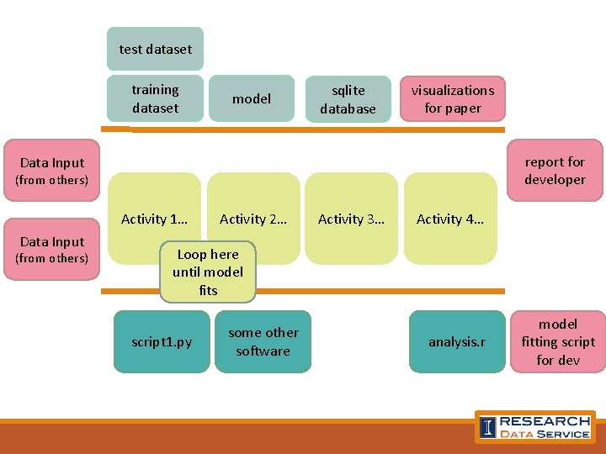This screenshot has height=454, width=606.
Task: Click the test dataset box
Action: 156,49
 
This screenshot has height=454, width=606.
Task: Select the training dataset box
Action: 156,99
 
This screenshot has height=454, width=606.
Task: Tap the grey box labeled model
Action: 252,99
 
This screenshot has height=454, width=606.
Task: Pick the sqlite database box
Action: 348,99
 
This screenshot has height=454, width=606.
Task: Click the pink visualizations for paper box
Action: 453,99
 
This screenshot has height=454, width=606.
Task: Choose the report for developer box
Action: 555,171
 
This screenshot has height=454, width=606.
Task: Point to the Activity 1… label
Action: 154,219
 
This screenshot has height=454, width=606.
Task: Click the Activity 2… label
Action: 252,219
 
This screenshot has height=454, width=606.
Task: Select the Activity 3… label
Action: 351,219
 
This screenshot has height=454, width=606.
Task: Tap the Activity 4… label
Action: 449,219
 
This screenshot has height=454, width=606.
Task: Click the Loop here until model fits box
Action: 208,272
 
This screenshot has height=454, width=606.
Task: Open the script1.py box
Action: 162,342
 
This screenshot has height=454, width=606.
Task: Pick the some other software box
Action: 263,342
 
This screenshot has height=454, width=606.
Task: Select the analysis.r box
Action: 457,342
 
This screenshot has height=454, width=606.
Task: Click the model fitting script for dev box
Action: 558,342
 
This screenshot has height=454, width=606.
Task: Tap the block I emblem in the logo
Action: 487,427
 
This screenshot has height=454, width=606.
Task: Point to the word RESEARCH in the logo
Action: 545,420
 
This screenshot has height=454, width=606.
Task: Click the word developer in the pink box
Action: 555,180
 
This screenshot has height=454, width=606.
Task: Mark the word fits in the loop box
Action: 208,291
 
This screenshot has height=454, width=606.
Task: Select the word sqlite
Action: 348,90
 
